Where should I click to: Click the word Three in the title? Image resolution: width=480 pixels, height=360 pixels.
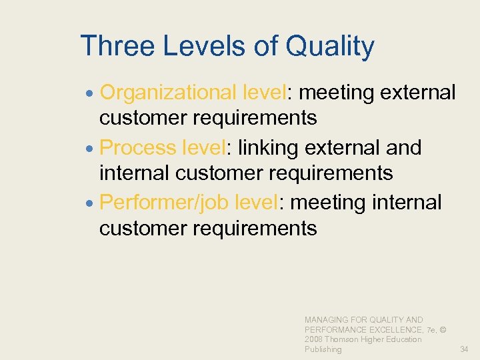117,47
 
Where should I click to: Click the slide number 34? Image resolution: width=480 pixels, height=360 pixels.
464,349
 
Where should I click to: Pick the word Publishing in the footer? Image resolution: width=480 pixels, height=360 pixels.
323,349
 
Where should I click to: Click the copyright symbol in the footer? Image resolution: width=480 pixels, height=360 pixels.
443,330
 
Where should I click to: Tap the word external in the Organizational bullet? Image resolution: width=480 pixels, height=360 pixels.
418,93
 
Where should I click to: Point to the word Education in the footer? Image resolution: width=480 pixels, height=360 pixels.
404,339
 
